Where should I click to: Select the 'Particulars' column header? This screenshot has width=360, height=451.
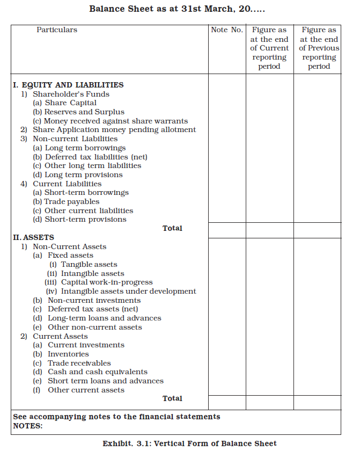[57, 30]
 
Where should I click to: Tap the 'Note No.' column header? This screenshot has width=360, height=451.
[227, 30]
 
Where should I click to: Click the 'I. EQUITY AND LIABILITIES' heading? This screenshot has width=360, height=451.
[68, 85]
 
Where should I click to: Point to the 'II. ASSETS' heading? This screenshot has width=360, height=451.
[33, 237]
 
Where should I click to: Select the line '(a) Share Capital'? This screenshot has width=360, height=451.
[65, 103]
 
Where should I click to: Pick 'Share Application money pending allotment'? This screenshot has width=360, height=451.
[114, 129]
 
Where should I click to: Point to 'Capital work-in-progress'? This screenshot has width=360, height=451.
[107, 282]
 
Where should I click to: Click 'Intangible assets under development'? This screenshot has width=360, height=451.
[128, 291]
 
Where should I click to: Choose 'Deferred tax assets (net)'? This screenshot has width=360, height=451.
[93, 309]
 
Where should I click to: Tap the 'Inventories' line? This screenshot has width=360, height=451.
[68, 354]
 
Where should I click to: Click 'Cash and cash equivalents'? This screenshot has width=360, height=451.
[98, 372]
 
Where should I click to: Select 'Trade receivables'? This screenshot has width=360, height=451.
[79, 363]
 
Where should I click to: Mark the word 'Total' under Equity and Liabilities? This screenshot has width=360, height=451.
[172, 228]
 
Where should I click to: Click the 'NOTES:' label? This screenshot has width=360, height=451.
[27, 426]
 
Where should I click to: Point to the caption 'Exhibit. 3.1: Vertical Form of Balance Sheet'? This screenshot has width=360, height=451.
[189, 443]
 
